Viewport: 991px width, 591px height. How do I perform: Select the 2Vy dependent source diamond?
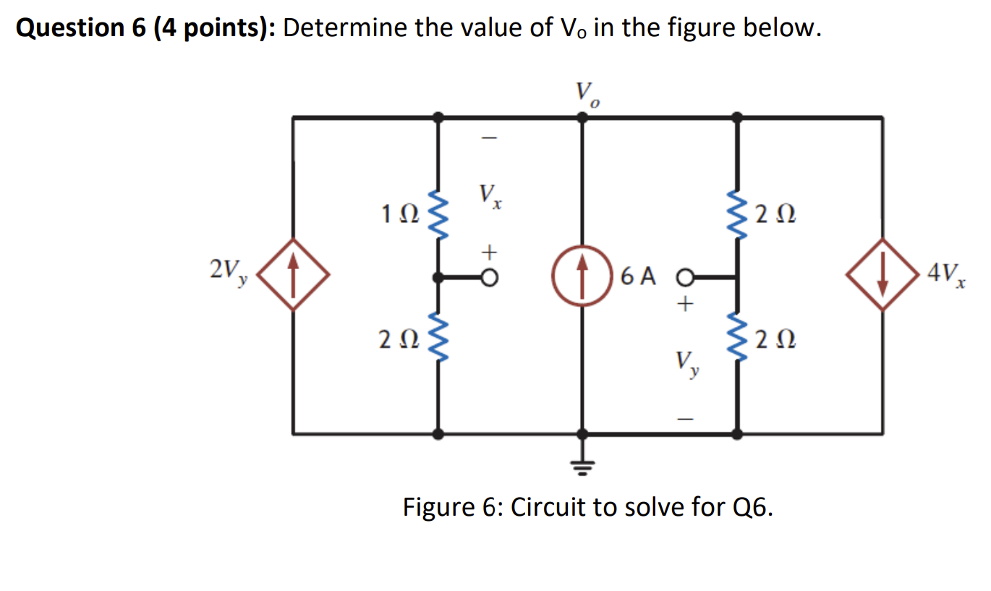pyautogui.click(x=293, y=276)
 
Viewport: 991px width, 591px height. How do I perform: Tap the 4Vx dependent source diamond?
pyautogui.click(x=882, y=276)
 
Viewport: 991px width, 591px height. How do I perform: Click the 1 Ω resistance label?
pyautogui.click(x=398, y=215)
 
